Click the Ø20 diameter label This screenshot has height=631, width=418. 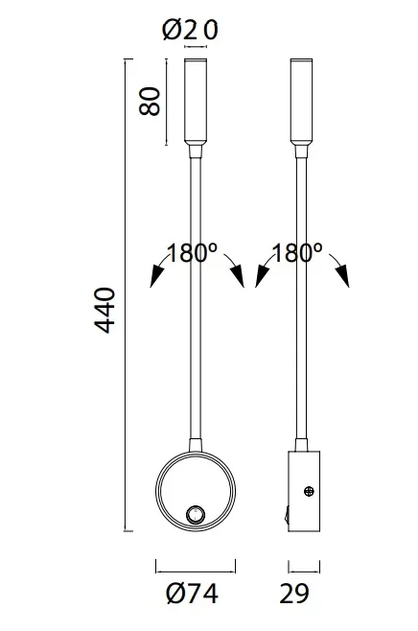[x=190, y=31]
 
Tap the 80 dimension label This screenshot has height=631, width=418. [x=150, y=101]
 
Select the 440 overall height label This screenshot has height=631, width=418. [x=105, y=310]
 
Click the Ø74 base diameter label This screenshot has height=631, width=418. [x=193, y=594]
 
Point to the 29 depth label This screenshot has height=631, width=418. [x=294, y=594]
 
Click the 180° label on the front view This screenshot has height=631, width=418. [x=192, y=253]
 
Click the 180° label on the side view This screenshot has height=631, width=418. [x=297, y=253]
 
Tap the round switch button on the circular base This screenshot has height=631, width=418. [x=196, y=515]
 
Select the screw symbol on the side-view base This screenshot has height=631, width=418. [x=309, y=491]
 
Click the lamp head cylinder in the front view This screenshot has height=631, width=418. [x=196, y=102]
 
